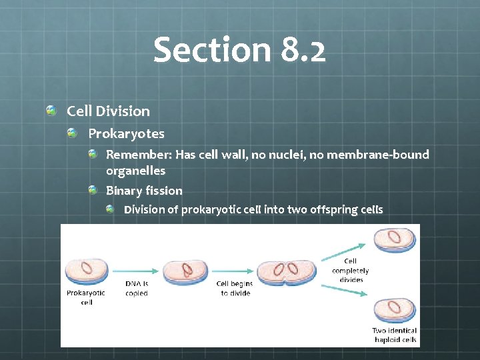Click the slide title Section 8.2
(x=239, y=50)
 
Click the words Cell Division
(x=108, y=111)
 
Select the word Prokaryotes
(x=126, y=134)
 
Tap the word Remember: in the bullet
(x=139, y=155)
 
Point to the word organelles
(x=135, y=171)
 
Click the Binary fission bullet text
(x=144, y=191)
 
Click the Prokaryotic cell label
(x=86, y=297)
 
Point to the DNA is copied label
(x=137, y=289)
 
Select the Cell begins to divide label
(x=235, y=289)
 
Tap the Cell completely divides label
(x=351, y=271)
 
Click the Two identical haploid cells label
(x=395, y=335)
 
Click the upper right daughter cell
(x=395, y=240)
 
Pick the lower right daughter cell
(x=395, y=309)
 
